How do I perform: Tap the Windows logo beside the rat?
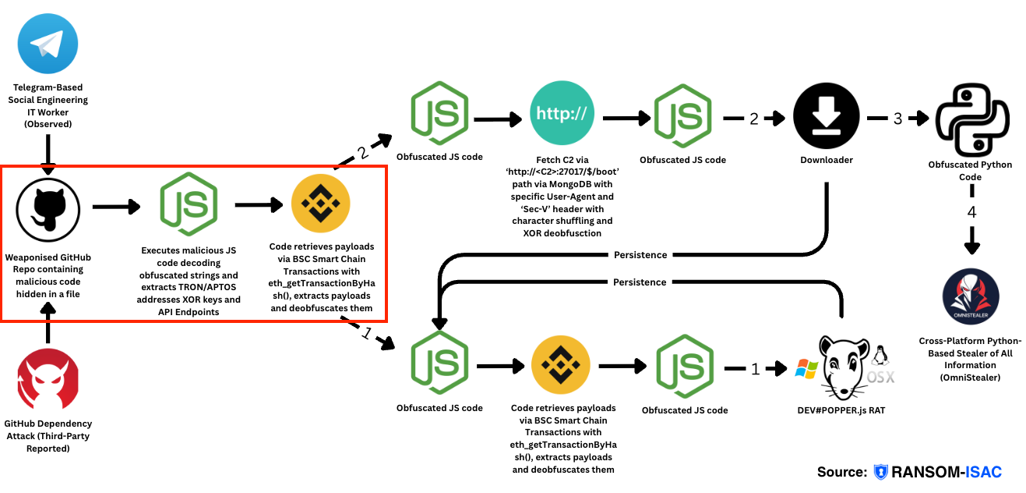806,368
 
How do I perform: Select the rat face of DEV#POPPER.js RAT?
844,367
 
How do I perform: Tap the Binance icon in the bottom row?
561,367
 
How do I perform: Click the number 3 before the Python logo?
897,119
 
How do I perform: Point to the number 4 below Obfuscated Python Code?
971,212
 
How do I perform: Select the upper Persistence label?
640,254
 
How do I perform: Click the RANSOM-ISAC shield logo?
881,472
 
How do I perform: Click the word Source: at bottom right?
841,472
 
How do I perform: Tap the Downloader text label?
827,159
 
